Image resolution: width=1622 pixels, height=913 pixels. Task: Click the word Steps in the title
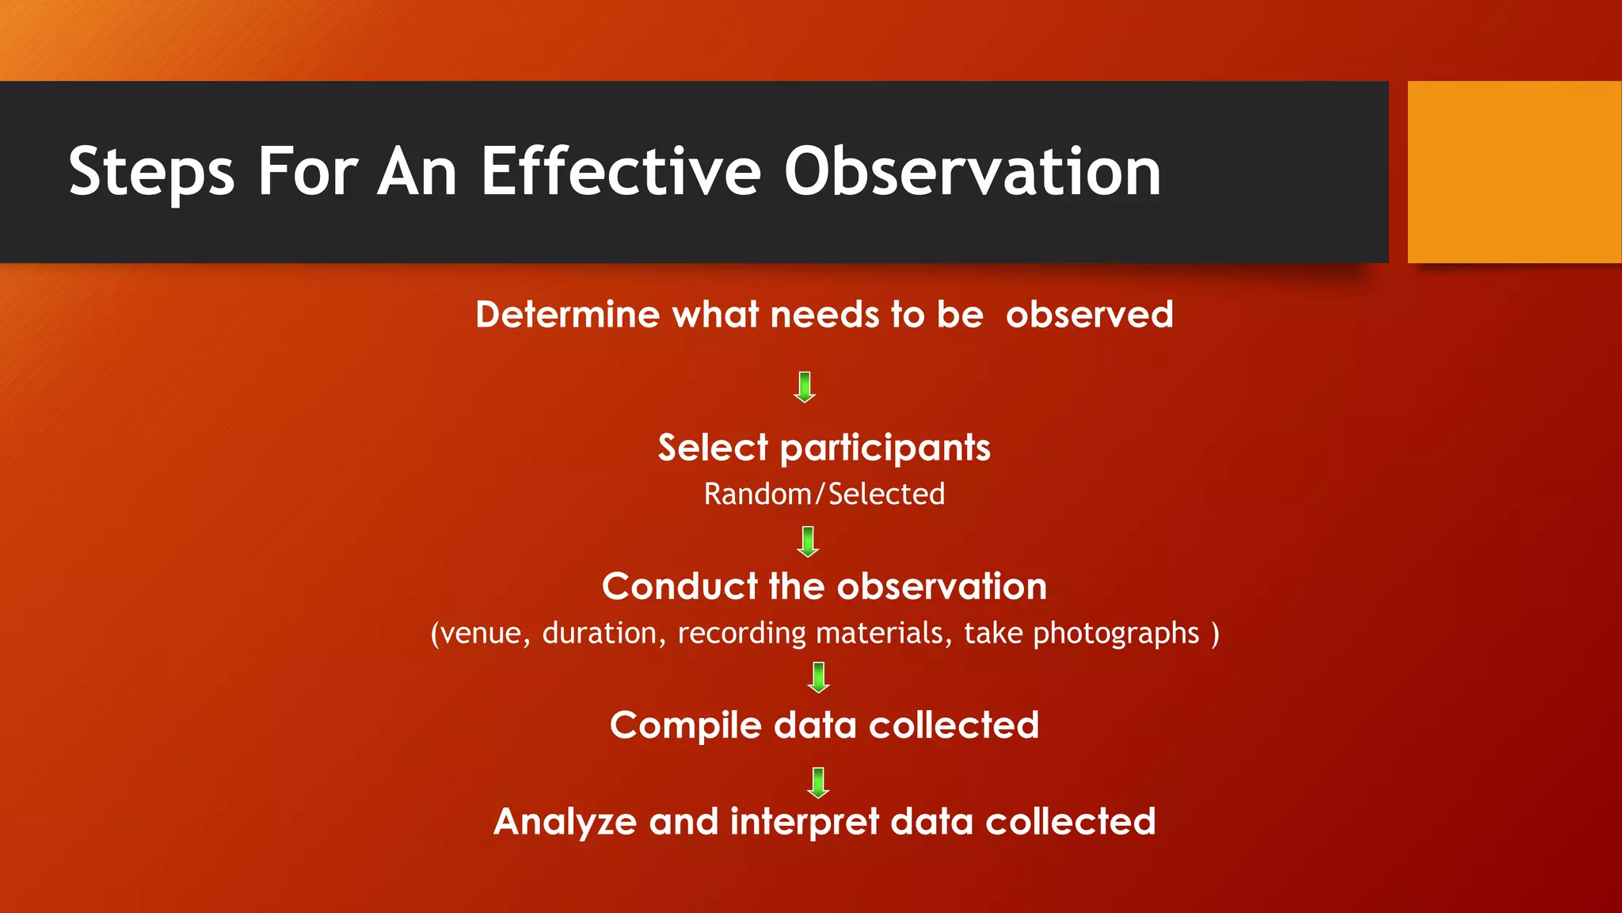click(x=151, y=172)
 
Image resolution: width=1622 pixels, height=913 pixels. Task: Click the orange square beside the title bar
click(x=1513, y=172)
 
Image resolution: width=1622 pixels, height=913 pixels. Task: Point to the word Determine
click(x=567, y=315)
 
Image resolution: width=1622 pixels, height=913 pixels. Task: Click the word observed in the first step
click(x=1089, y=315)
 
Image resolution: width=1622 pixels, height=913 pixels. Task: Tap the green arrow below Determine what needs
click(x=805, y=387)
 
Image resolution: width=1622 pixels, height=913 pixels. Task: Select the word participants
click(x=885, y=449)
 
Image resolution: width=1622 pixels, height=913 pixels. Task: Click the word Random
click(x=757, y=494)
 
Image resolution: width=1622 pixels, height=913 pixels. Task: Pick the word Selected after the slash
click(x=886, y=494)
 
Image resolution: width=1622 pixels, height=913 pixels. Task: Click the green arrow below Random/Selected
click(x=808, y=542)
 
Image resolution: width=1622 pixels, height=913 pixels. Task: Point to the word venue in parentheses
click(x=485, y=633)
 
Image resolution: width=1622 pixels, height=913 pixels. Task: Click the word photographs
click(x=1116, y=633)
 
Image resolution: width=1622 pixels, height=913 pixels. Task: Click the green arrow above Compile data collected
click(x=818, y=678)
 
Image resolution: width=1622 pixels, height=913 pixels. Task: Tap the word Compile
click(x=685, y=725)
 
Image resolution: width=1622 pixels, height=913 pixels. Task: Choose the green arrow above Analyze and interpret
click(x=818, y=782)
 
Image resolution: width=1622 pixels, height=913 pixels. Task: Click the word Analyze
click(x=565, y=822)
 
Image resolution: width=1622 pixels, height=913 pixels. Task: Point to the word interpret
click(x=804, y=823)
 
